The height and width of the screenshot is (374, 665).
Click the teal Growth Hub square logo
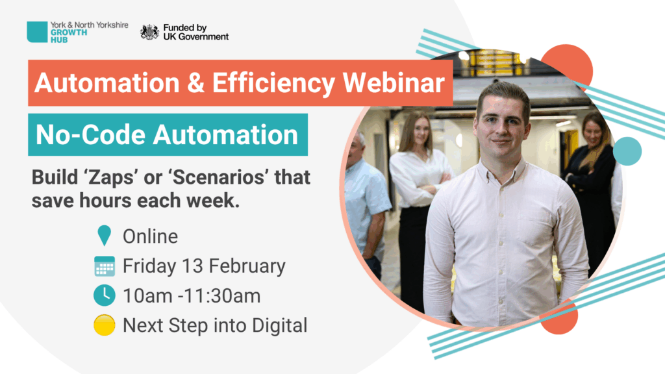[37, 32]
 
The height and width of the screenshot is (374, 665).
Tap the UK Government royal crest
[150, 32]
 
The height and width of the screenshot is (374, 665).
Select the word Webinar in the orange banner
[394, 82]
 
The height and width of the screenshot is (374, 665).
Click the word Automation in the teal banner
[225, 135]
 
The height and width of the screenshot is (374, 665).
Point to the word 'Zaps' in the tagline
[112, 177]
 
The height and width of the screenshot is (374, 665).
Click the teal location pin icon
[105, 235]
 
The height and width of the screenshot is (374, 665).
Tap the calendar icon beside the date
[105, 266]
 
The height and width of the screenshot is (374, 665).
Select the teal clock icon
[105, 295]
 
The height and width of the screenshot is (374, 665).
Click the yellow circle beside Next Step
[105, 325]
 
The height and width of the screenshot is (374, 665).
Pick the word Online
[150, 236]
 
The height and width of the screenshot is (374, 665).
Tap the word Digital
[279, 326]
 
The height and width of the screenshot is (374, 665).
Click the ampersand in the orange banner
[195, 82]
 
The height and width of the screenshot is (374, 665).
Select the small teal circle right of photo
[627, 151]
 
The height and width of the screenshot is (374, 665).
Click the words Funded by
[185, 27]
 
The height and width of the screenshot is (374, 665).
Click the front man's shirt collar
[503, 170]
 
